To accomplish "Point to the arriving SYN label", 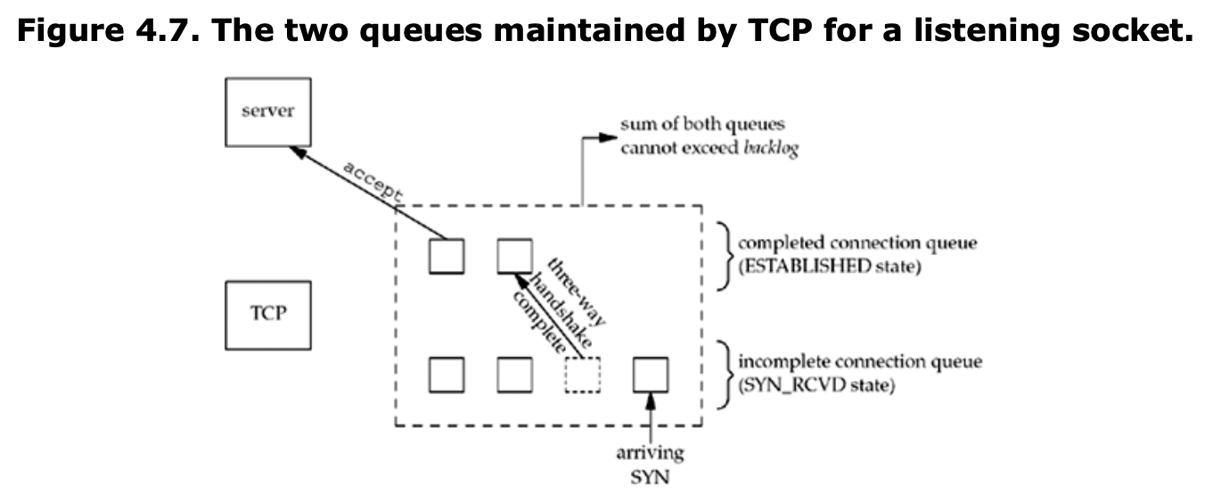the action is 650,464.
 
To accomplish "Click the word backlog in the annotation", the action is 771,148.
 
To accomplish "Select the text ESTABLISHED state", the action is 830,266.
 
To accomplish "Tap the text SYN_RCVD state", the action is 816,385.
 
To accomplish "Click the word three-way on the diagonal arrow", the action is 576,291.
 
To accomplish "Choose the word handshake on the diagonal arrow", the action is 560,310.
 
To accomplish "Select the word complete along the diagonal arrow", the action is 539,323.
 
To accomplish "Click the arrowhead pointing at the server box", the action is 299,152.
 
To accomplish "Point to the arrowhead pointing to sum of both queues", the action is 608,137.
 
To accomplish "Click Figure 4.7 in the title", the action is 109,30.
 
